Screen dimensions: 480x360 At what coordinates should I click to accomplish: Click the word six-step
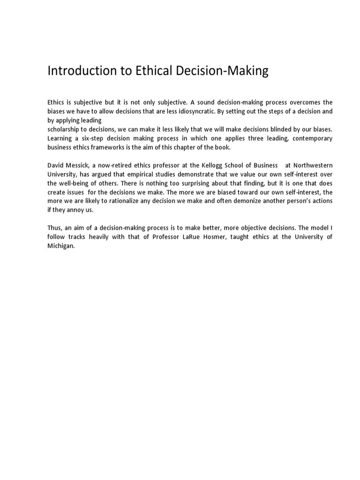104,138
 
